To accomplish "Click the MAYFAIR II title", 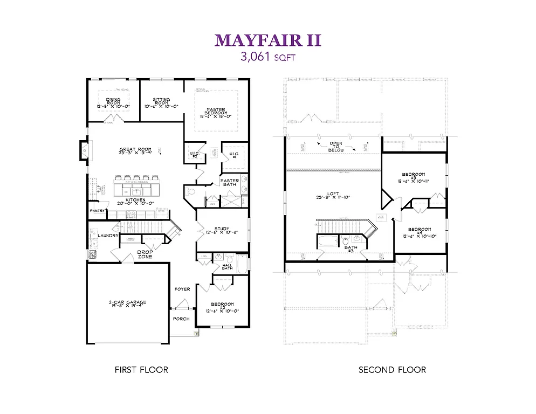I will pos(268,40).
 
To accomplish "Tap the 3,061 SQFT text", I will pos(268,56).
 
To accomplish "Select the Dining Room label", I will pos(113,103).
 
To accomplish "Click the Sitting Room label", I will pos(161,103).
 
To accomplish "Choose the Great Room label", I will pos(135,151).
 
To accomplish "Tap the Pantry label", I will pos(97,211).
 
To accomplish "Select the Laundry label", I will pos(108,236).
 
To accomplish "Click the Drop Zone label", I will pos(145,254).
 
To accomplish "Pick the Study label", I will pos(222,230).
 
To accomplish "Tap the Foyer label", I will pos(182,289).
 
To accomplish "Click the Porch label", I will pos(181,318).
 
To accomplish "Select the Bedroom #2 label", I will pos(222,307).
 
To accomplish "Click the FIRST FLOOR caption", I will pos(141,370).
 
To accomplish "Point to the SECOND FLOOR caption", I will pos(392,370).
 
